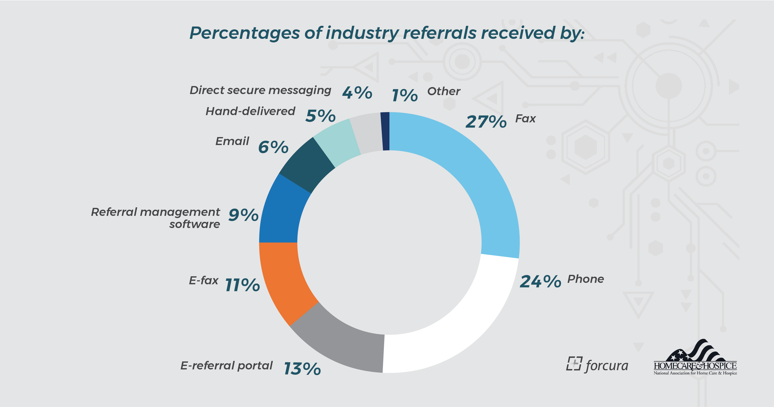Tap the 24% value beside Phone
pos(540,282)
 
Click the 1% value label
pos(405,95)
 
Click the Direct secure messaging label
pos(260,90)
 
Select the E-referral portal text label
pos(226,365)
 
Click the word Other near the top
pos(444,91)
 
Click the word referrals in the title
pos(440,33)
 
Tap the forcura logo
pos(597,365)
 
